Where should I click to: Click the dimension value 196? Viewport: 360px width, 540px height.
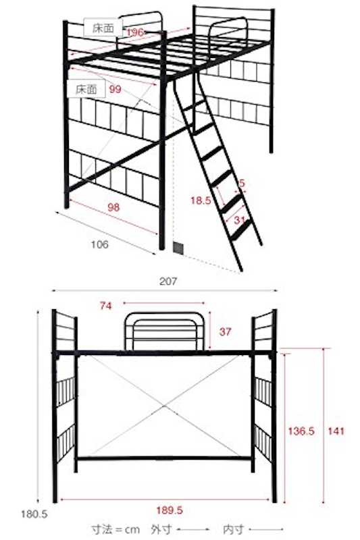tap(135, 32)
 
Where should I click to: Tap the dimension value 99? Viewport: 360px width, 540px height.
tap(115, 89)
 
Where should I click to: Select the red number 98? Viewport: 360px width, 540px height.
tap(113, 207)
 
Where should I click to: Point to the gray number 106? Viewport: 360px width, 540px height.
tap(99, 244)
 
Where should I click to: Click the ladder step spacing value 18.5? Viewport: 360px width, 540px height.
tap(201, 200)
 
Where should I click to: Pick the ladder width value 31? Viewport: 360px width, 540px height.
tap(239, 220)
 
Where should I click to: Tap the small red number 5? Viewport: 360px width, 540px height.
tap(242, 183)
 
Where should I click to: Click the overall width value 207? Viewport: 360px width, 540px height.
tap(168, 281)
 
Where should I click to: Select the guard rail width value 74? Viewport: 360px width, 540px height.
tap(106, 306)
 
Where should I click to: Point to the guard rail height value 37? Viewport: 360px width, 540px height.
tap(225, 331)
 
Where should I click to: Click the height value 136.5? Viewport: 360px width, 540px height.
tap(301, 431)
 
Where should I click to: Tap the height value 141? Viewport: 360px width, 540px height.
tap(336, 431)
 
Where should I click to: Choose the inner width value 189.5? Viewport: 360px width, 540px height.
tap(170, 510)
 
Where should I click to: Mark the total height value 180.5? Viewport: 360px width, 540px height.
tap(34, 514)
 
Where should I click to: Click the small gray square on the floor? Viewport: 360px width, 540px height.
tap(178, 247)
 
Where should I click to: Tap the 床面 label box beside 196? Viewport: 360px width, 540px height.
tap(103, 28)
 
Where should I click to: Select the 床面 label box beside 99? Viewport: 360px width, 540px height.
tap(86, 89)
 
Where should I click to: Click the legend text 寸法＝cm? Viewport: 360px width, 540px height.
tap(115, 529)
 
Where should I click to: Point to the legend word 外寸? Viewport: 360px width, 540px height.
tap(161, 529)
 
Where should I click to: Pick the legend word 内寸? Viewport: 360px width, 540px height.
tap(234, 529)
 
